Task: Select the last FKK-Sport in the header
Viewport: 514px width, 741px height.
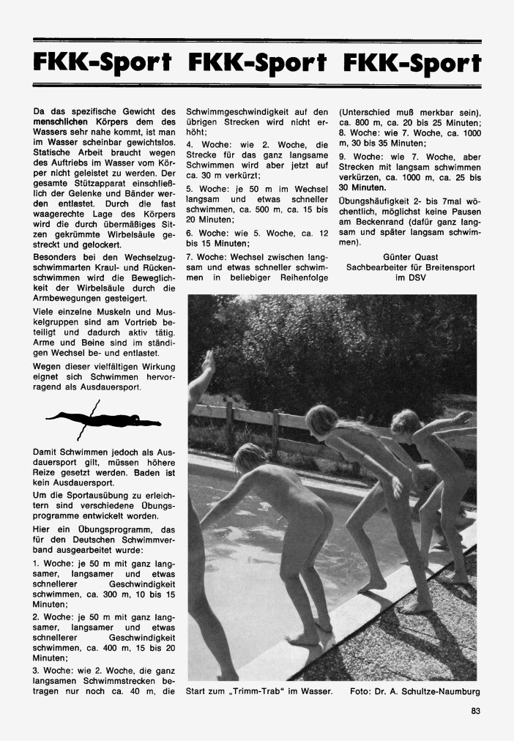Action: point(411,63)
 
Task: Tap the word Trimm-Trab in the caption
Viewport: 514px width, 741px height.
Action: point(278,690)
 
